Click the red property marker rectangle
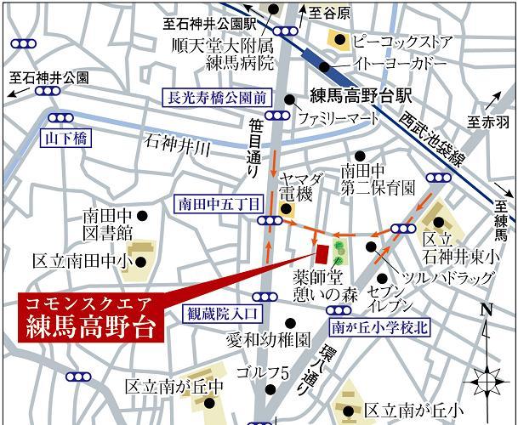322,253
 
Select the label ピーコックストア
400,39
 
